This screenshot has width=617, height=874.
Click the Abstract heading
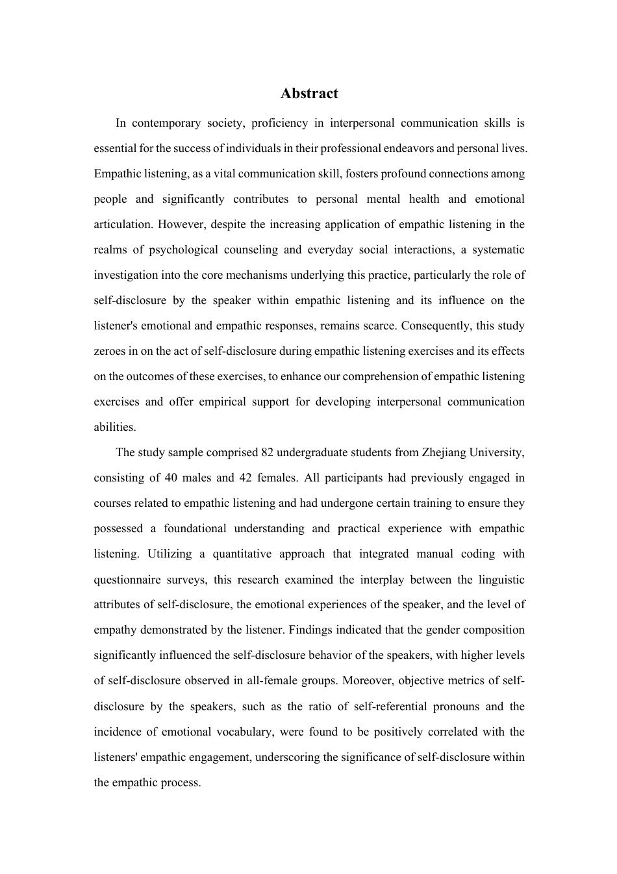[309, 94]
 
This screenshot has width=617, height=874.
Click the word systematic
[498, 250]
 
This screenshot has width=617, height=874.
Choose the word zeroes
[110, 351]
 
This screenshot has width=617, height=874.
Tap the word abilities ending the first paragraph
[115, 427]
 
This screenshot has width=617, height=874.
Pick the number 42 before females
[246, 478]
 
